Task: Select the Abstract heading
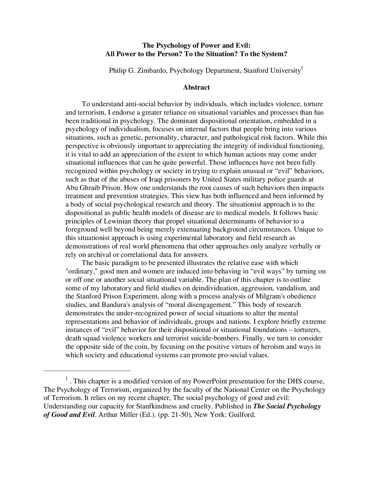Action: coord(196,87)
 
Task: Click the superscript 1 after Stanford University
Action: coord(302,68)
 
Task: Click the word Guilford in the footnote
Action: coord(242,414)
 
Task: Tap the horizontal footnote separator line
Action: coord(87,371)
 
